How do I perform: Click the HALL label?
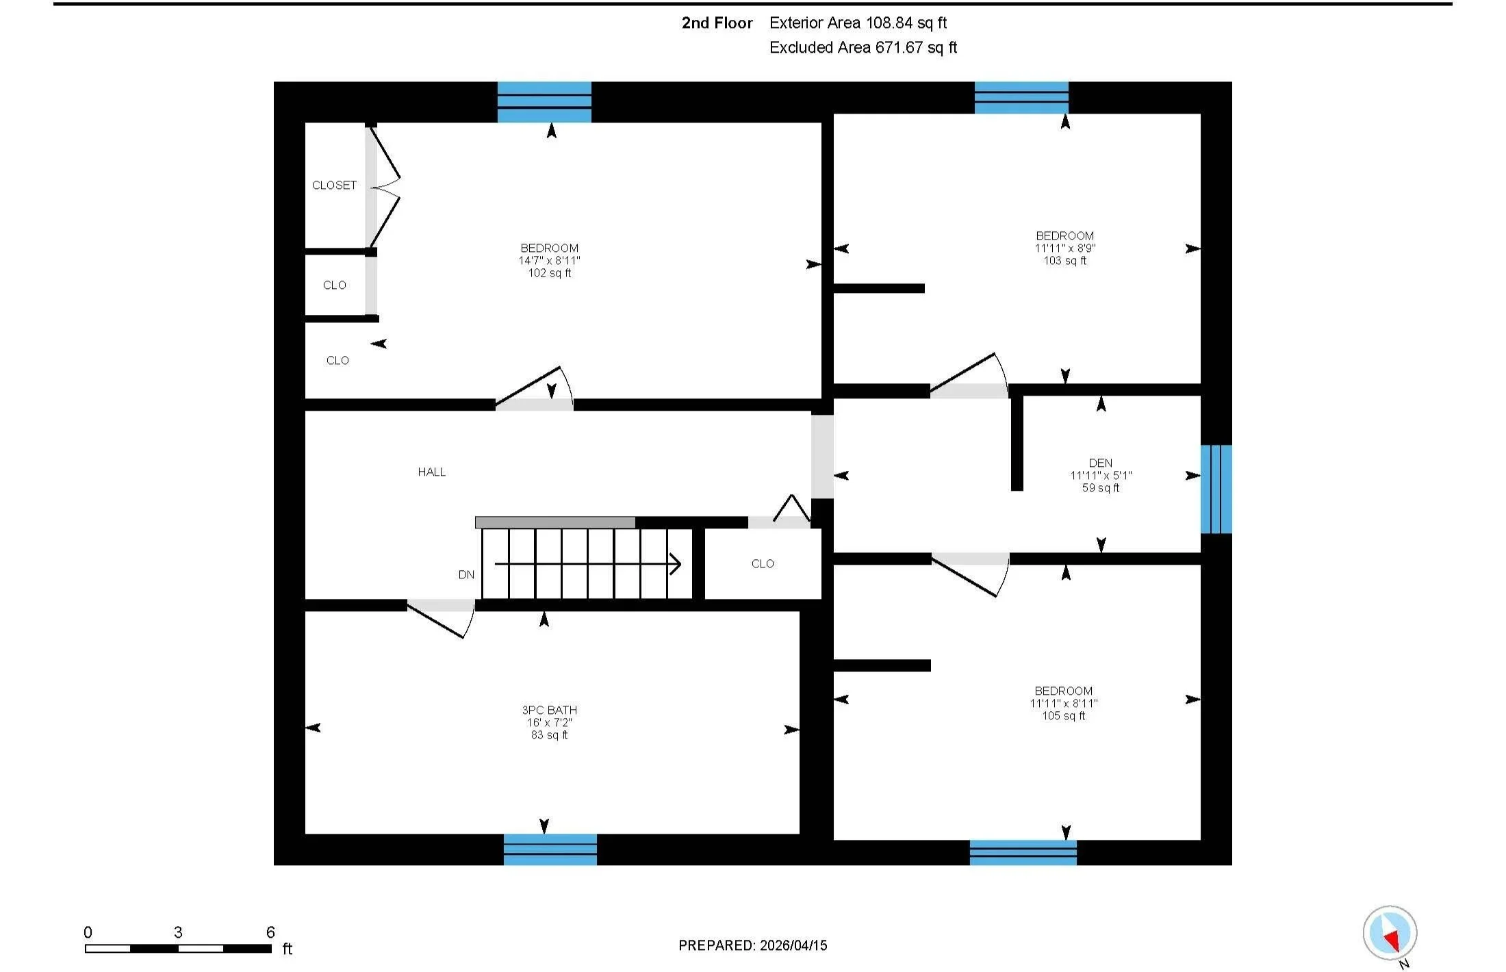431,472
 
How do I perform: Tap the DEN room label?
1100,463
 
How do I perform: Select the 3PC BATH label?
549,711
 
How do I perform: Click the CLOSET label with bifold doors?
334,186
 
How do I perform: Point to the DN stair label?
466,575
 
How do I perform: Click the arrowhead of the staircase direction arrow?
676,564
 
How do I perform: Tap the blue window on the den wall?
1216,489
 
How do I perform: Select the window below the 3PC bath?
550,849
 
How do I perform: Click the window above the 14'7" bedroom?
544,102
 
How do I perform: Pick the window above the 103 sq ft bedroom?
1021,97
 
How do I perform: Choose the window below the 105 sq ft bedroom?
1023,853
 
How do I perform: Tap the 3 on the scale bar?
178,932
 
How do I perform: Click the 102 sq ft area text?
549,273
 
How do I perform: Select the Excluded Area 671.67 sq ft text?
863,48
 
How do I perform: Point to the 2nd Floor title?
717,23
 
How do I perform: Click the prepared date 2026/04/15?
793,945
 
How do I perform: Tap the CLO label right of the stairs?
763,564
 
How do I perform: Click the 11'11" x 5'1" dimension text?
1101,476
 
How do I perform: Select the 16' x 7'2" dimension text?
549,723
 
